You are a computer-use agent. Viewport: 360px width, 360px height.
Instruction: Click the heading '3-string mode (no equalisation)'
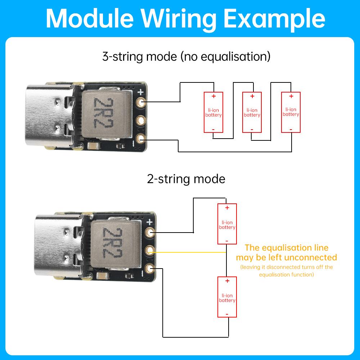pos(186,57)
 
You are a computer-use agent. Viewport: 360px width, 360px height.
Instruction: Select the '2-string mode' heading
pos(186,179)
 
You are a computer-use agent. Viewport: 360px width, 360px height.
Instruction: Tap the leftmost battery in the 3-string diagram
pos(213,112)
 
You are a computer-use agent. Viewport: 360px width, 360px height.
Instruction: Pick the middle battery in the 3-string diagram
pos(252,112)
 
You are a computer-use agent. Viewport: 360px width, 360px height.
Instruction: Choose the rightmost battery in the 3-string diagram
pos(291,112)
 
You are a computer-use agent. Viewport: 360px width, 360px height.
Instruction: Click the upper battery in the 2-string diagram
pos(227,224)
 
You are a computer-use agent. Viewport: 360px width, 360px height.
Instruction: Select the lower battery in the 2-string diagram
pos(227,297)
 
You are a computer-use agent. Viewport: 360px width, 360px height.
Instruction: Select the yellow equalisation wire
pos(191,252)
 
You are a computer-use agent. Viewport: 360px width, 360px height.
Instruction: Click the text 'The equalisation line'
pos(287,248)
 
